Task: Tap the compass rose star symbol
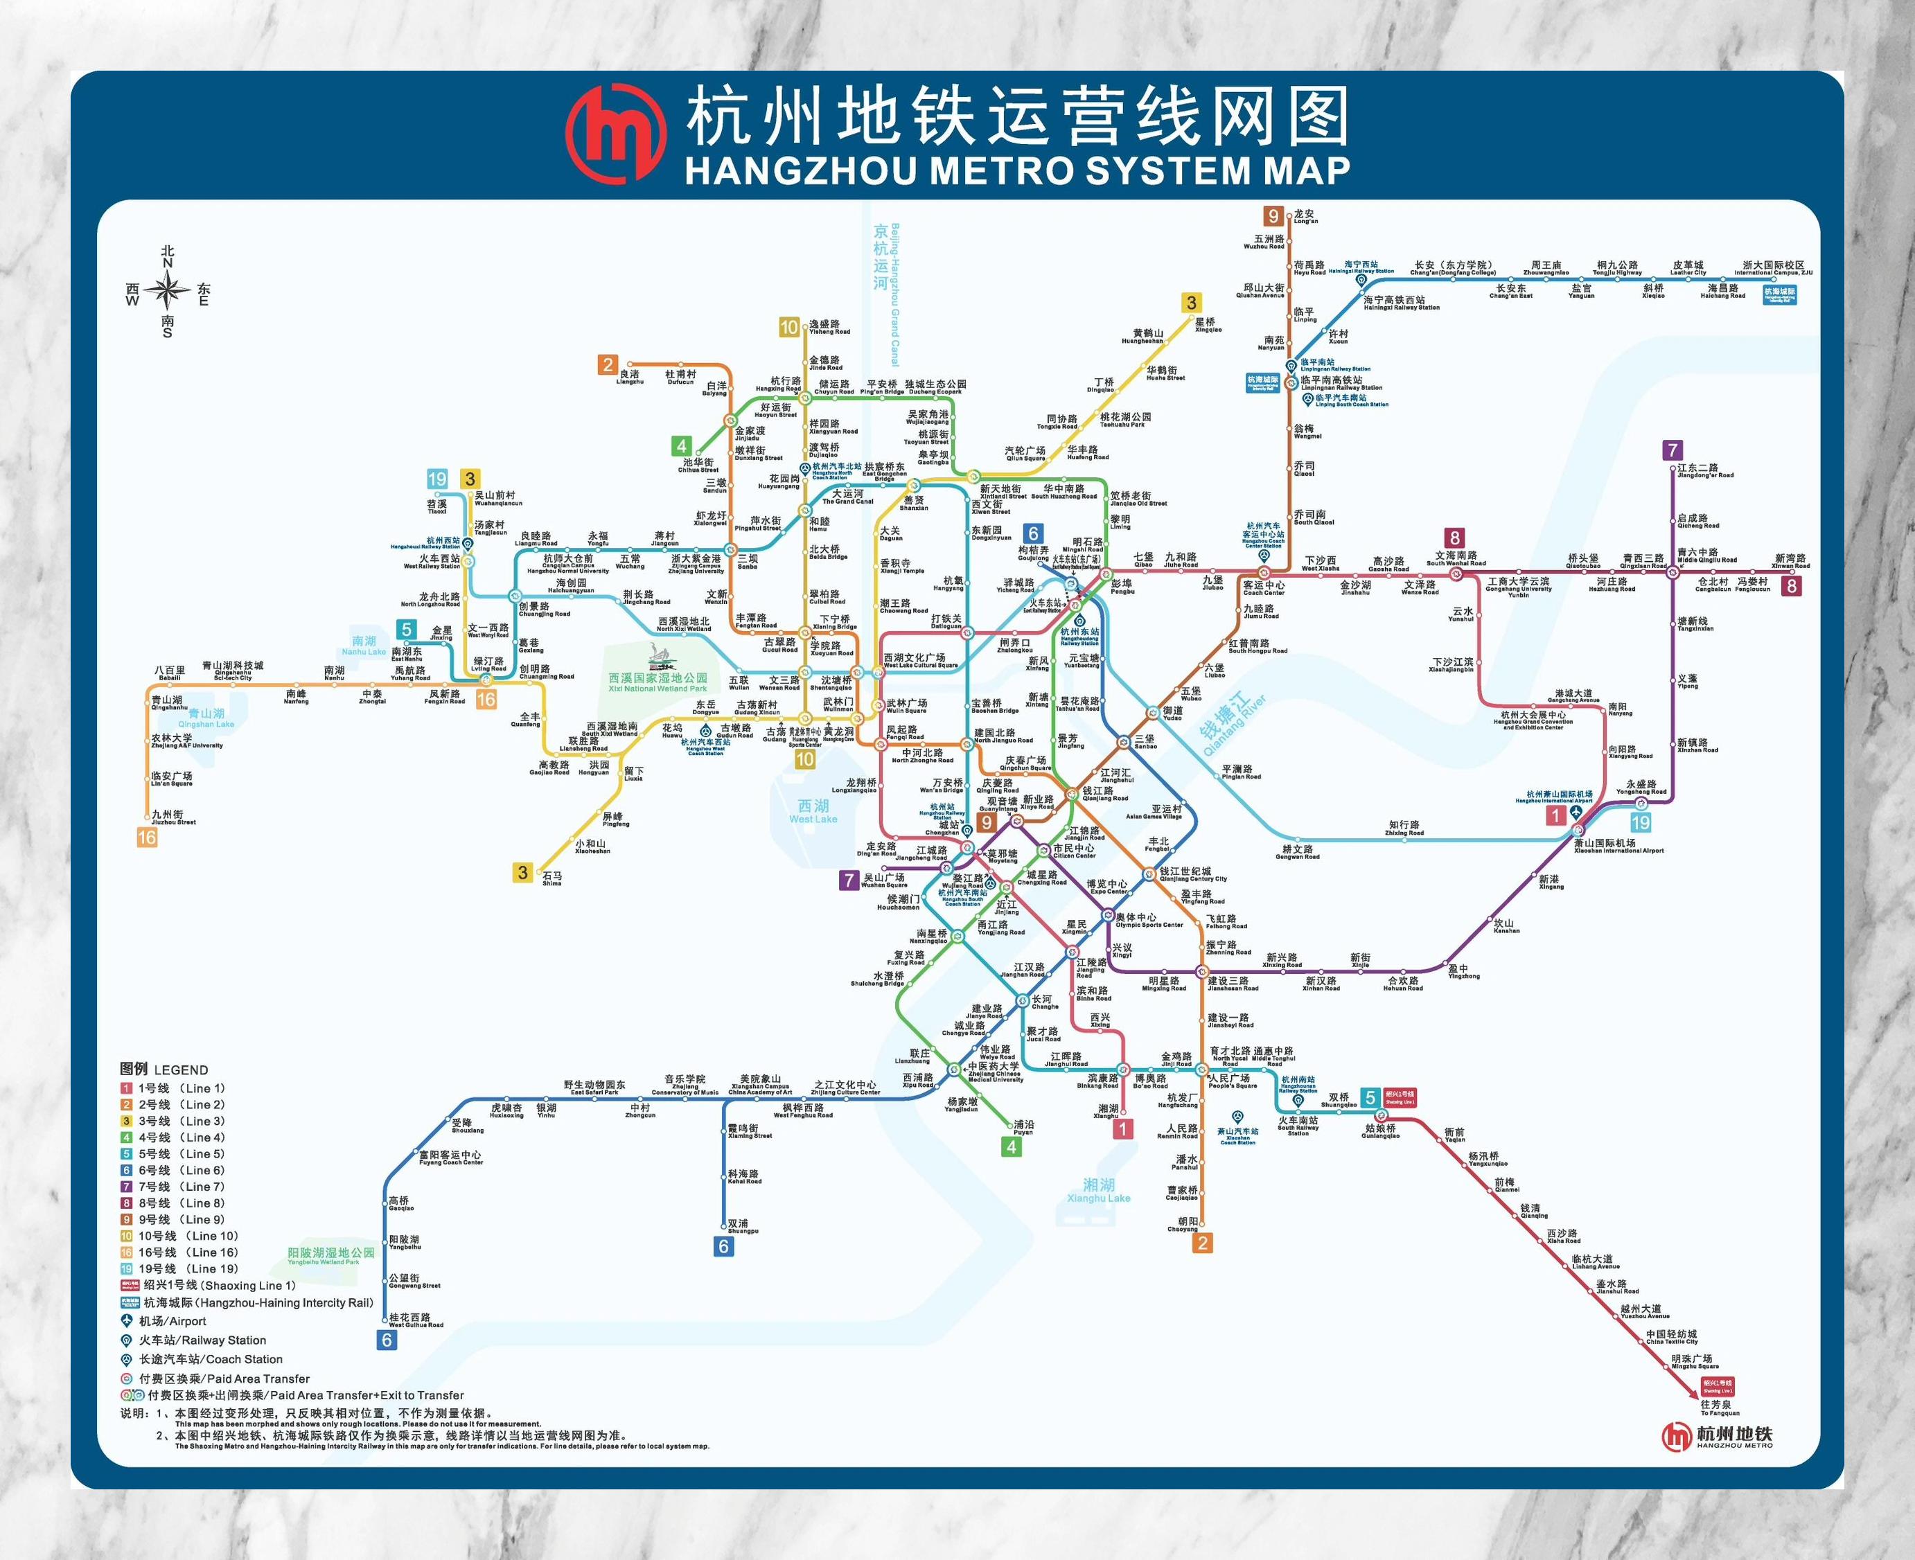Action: click(x=167, y=290)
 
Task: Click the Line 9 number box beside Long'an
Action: click(x=1273, y=215)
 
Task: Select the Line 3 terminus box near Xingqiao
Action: click(x=1192, y=303)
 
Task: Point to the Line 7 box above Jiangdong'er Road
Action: click(x=1672, y=450)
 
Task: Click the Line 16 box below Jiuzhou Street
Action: click(x=146, y=837)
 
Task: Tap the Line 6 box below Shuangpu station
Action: click(x=723, y=1246)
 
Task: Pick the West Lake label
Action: click(x=813, y=811)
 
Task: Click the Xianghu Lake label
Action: click(x=1098, y=1191)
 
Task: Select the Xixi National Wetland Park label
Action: click(x=658, y=682)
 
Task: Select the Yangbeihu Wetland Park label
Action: click(x=330, y=1255)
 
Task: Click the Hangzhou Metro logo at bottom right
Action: click(x=1716, y=1436)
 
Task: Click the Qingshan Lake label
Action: click(x=206, y=718)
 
